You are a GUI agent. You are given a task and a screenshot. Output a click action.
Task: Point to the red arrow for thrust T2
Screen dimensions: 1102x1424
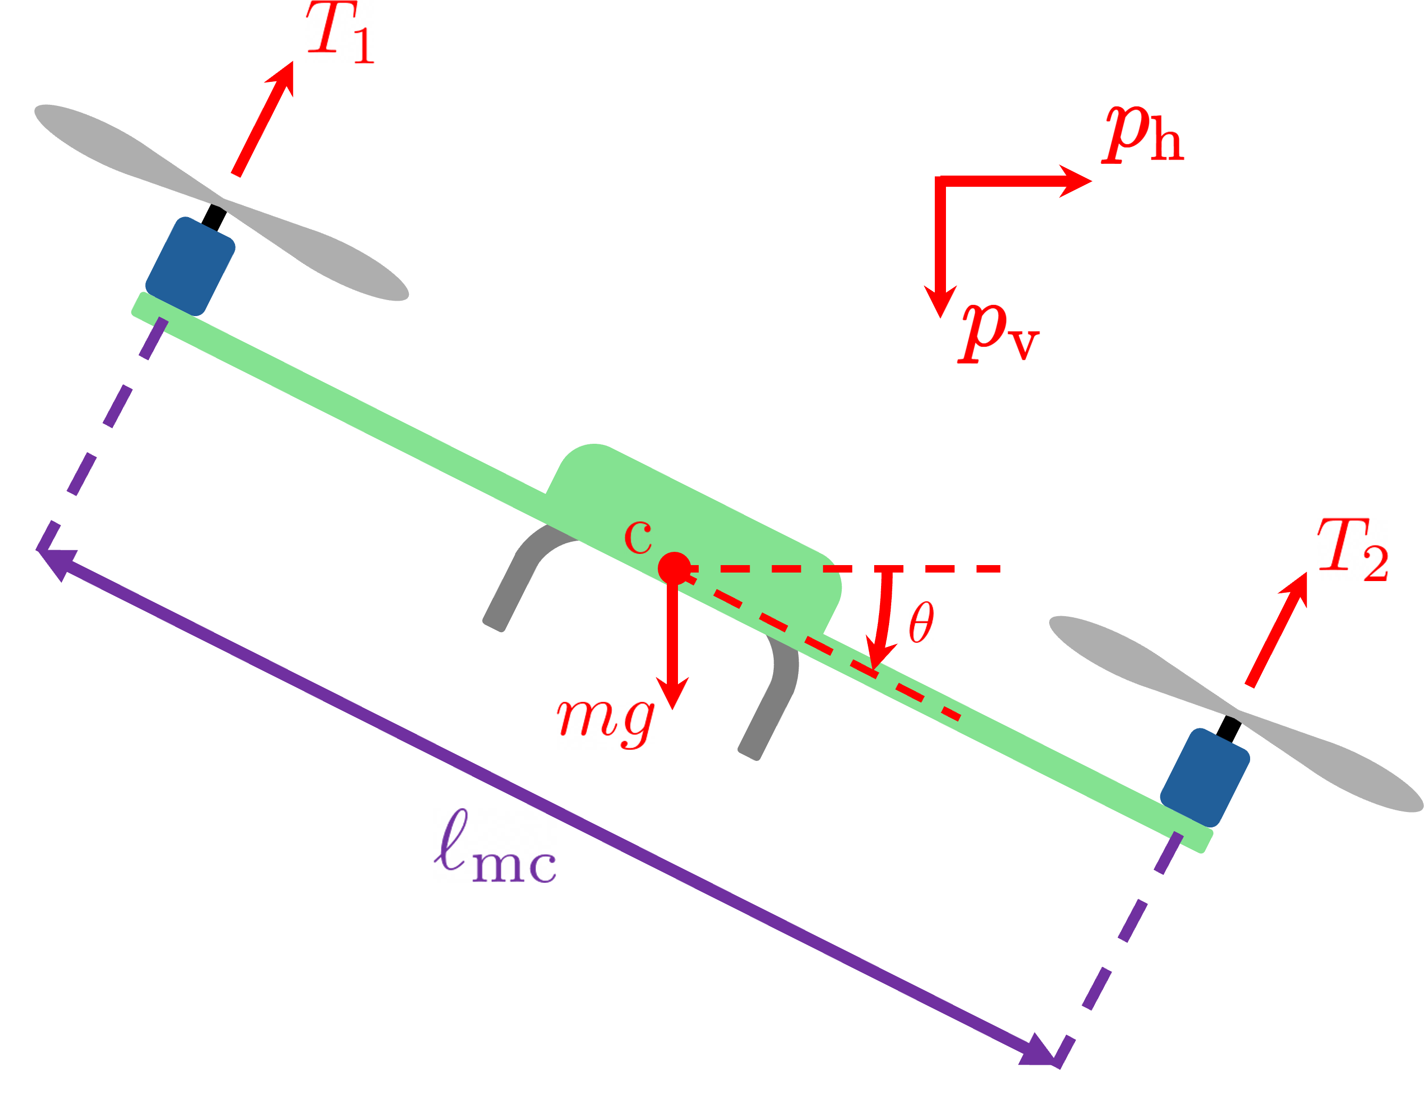pyautogui.click(x=1277, y=629)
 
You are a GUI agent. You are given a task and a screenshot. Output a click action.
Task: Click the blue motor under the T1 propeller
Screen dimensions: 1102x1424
pyautogui.click(x=190, y=266)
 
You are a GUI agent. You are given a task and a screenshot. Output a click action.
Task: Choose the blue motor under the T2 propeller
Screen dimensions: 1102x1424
pyautogui.click(x=1205, y=777)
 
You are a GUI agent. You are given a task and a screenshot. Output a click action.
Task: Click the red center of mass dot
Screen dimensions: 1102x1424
pyautogui.click(x=674, y=568)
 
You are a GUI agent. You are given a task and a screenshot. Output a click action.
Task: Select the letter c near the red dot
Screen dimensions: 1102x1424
pyautogui.click(x=638, y=537)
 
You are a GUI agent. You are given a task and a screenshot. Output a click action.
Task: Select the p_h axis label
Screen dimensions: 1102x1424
pyautogui.click(x=1141, y=135)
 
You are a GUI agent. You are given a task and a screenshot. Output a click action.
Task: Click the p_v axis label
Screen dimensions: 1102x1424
pyautogui.click(x=998, y=332)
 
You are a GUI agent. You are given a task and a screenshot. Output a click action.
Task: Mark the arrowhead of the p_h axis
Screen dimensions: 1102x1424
pyautogui.click(x=1076, y=181)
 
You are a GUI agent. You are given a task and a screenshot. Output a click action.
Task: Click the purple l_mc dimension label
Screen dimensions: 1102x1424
pyautogui.click(x=496, y=849)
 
